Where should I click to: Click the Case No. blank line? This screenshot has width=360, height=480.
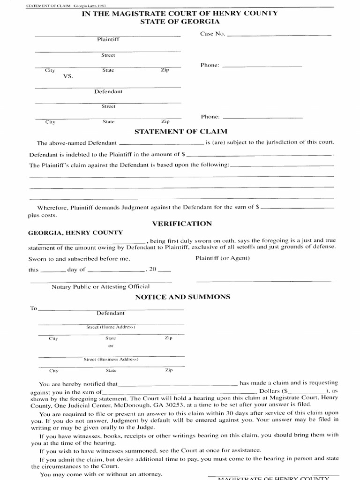[278, 35]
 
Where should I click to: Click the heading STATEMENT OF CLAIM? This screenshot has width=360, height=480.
[180, 132]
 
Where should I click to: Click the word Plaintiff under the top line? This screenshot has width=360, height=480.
[108, 40]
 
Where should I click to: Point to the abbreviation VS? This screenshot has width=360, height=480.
[68, 76]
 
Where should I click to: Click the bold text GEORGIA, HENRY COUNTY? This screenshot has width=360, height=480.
[75, 232]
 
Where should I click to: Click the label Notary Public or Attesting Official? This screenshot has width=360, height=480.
[101, 286]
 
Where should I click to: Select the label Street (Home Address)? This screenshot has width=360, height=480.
[111, 327]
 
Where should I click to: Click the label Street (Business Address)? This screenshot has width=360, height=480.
[111, 360]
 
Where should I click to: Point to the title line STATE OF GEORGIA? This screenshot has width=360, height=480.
[180, 22]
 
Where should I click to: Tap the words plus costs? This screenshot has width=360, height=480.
[43, 215]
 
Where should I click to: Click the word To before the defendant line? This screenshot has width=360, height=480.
[33, 308]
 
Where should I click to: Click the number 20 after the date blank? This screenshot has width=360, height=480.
[152, 270]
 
